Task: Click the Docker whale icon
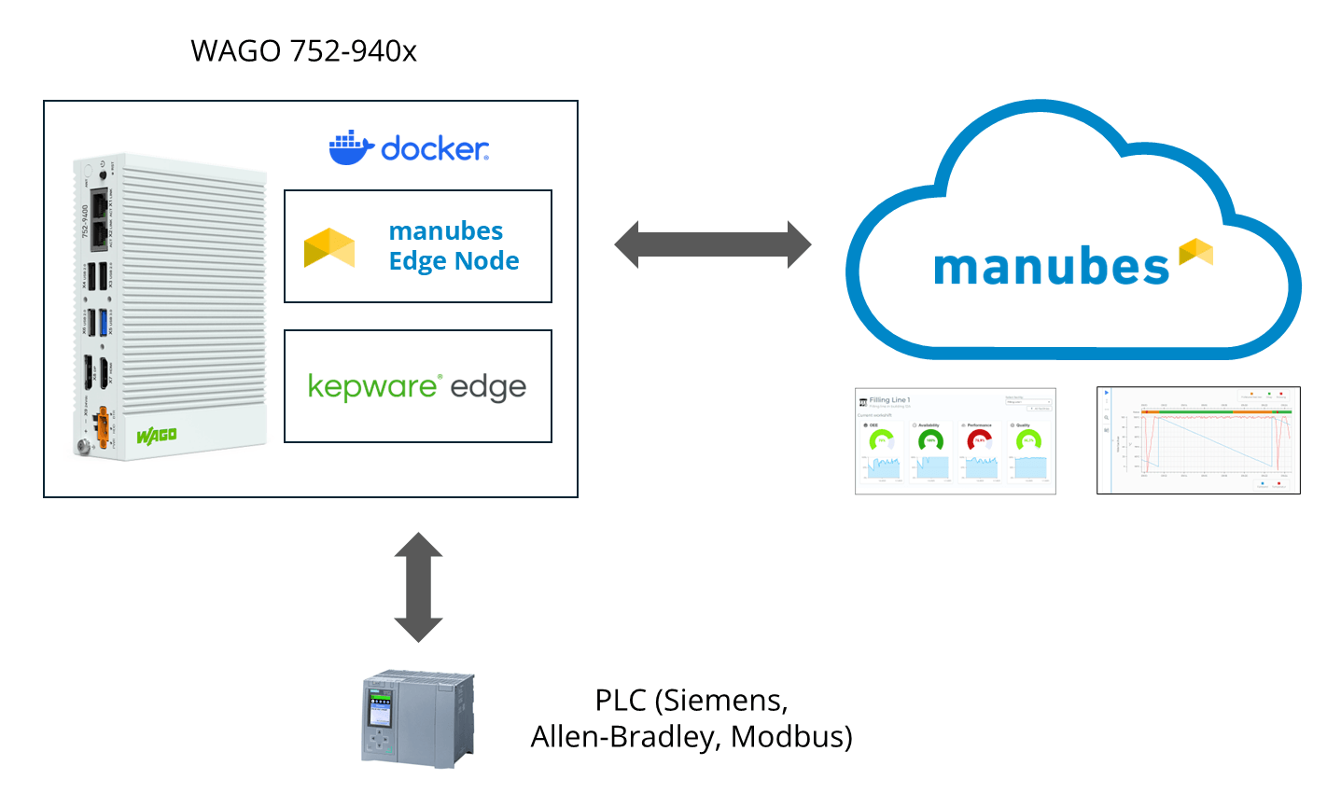click(x=351, y=148)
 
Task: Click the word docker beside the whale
click(x=435, y=148)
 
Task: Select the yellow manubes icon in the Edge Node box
click(x=329, y=248)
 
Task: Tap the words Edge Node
click(x=454, y=261)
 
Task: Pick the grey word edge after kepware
click(x=488, y=387)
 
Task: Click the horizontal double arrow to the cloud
click(x=713, y=245)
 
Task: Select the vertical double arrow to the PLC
click(x=418, y=588)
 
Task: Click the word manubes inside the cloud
click(x=1051, y=268)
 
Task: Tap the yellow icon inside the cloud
click(x=1196, y=252)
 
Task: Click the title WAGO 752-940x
click(x=303, y=50)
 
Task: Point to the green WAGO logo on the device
click(x=156, y=436)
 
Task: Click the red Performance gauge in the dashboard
click(x=979, y=440)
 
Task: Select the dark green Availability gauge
click(x=930, y=440)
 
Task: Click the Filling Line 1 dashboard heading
click(x=889, y=400)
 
